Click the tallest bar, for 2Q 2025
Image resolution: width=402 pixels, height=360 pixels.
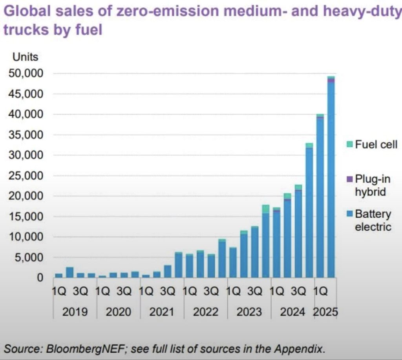pos(331,176)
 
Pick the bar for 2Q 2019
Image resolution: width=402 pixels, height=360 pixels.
pos(69,272)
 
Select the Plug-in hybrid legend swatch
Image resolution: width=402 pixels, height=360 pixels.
pos(349,180)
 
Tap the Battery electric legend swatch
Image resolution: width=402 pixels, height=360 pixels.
pos(349,215)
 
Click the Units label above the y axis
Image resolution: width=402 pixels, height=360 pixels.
pos(26,57)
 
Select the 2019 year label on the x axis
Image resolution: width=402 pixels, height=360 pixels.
pos(75,312)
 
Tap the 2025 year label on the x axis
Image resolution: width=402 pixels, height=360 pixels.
pos(325,312)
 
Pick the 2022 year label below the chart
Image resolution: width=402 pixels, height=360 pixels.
pos(206,312)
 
